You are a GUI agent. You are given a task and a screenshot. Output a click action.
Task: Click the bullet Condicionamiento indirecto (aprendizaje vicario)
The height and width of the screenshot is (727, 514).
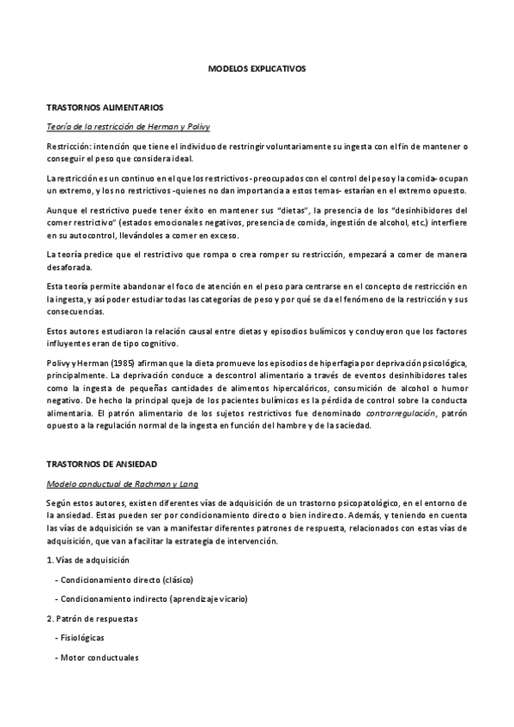click(x=146, y=598)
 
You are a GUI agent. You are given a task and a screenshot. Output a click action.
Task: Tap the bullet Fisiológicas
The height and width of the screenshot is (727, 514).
click(x=82, y=638)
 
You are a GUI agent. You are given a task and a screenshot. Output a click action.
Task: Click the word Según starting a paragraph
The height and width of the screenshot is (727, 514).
click(x=59, y=502)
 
